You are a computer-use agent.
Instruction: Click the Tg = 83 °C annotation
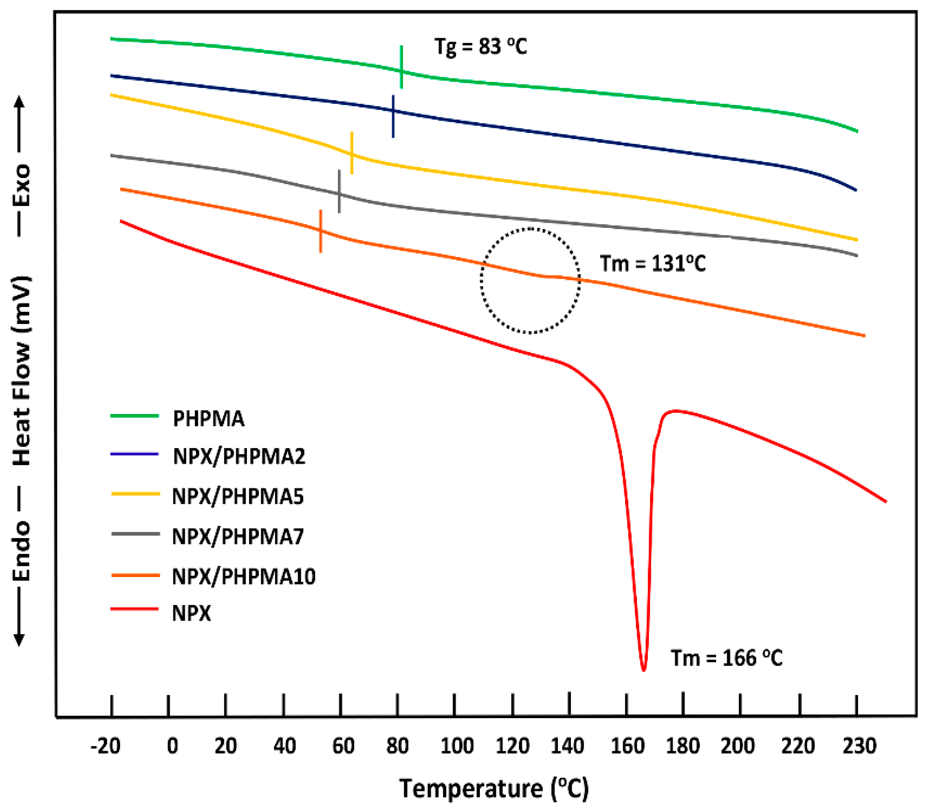pyautogui.click(x=480, y=47)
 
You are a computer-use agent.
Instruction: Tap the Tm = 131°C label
pyautogui.click(x=652, y=264)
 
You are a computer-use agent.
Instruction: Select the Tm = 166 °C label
pyautogui.click(x=726, y=658)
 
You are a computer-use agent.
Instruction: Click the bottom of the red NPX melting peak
pyautogui.click(x=644, y=669)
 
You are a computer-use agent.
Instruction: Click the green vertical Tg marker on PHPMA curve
pyautogui.click(x=401, y=67)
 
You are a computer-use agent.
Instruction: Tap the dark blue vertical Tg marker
pyautogui.click(x=393, y=116)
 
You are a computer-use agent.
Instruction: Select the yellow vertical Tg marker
pyautogui.click(x=351, y=153)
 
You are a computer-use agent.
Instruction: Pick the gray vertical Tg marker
pyautogui.click(x=339, y=191)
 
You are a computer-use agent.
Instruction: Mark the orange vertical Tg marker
pyautogui.click(x=320, y=231)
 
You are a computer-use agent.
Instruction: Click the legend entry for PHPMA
pyautogui.click(x=208, y=419)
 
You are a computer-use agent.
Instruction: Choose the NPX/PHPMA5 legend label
pyautogui.click(x=238, y=496)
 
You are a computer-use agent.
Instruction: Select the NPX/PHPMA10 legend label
pyautogui.click(x=244, y=576)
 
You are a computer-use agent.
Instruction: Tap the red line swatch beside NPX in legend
pyautogui.click(x=135, y=609)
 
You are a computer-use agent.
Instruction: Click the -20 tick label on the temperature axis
pyautogui.click(x=105, y=745)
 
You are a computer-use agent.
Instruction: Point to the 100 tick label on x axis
pyautogui.click(x=457, y=745)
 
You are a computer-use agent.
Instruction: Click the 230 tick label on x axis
pyautogui.click(x=859, y=745)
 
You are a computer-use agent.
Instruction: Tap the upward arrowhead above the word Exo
pyautogui.click(x=19, y=101)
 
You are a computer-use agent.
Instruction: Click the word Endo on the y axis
pyautogui.click(x=21, y=551)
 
